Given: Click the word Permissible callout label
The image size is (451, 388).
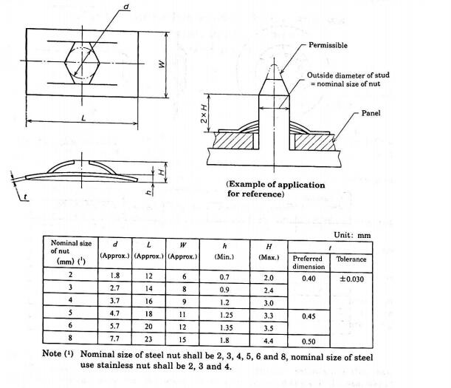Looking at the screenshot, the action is pos(328,45).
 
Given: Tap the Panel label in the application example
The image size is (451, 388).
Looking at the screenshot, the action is pos(371,113).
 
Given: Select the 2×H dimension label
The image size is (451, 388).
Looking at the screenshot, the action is pos(204,114).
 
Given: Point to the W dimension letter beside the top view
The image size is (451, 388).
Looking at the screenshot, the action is pos(162,64).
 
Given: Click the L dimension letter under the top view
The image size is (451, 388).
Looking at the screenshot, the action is pos(83,118).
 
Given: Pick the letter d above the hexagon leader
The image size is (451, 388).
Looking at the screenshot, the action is pos(126,7).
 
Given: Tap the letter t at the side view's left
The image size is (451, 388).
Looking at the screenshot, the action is pos(25,197).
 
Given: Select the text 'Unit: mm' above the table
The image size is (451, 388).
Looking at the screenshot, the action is pos(352,235).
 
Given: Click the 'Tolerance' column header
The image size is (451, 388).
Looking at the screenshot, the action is pos(351,259).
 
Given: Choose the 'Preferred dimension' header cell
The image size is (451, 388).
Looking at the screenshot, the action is pos(309,262).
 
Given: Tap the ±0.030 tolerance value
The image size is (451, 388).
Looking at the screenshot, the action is pos(351,279).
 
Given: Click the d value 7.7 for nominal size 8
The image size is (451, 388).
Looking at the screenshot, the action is pos(114,338).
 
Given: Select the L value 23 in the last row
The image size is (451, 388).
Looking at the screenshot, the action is pos(148,338).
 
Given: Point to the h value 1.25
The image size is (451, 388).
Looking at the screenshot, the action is pos(227,315).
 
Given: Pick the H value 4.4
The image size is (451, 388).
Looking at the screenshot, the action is pos(269,341).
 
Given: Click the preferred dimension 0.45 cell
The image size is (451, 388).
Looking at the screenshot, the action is pos(309,316).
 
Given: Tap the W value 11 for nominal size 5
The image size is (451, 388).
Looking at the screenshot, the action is pos(182,314).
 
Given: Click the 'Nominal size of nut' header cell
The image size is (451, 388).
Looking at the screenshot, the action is pos(71,252).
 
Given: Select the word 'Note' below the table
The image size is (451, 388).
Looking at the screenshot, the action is pos(52,353).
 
